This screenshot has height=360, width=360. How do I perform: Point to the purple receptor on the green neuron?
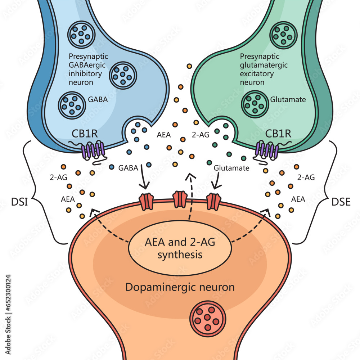pyautogui.click(x=267, y=150)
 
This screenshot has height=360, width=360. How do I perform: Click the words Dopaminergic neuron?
pyautogui.click(x=180, y=288)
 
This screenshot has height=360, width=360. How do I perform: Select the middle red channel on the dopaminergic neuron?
pyautogui.click(x=180, y=200)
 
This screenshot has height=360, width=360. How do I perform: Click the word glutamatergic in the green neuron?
pyautogui.click(x=263, y=65)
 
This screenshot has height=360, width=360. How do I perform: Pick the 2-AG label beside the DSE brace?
pyautogui.click(x=306, y=177)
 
